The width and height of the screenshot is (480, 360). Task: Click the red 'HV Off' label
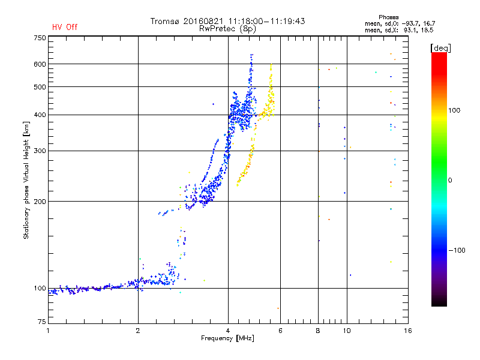coord(65,27)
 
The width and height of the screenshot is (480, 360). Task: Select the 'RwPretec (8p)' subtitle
coord(227,29)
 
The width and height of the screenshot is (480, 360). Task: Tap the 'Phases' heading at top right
coord(388,17)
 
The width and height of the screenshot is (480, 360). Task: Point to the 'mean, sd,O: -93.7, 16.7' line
coord(400,23)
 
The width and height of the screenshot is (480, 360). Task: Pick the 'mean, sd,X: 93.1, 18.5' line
coord(399,30)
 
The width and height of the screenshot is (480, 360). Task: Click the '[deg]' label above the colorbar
coord(440,48)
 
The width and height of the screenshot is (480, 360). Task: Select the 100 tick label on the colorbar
coord(454,110)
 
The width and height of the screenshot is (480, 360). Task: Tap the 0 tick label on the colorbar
coord(450,180)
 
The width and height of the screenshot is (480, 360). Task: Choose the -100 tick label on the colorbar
coord(457,250)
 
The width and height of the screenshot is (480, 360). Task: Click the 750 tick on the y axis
coord(40,38)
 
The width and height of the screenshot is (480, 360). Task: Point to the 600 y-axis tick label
coord(40,64)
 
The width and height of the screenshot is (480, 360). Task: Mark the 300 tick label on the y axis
coord(40,151)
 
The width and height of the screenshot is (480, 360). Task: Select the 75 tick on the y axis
coord(42,322)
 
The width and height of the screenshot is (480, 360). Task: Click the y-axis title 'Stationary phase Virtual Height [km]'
coord(26,181)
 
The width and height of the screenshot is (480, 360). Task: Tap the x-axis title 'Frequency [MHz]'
coord(227,338)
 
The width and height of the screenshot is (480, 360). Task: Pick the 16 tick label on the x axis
coord(408,331)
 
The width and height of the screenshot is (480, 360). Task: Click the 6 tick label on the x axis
coord(280,331)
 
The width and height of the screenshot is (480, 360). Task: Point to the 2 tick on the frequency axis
coord(138,331)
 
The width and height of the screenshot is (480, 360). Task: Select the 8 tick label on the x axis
coord(318,331)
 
